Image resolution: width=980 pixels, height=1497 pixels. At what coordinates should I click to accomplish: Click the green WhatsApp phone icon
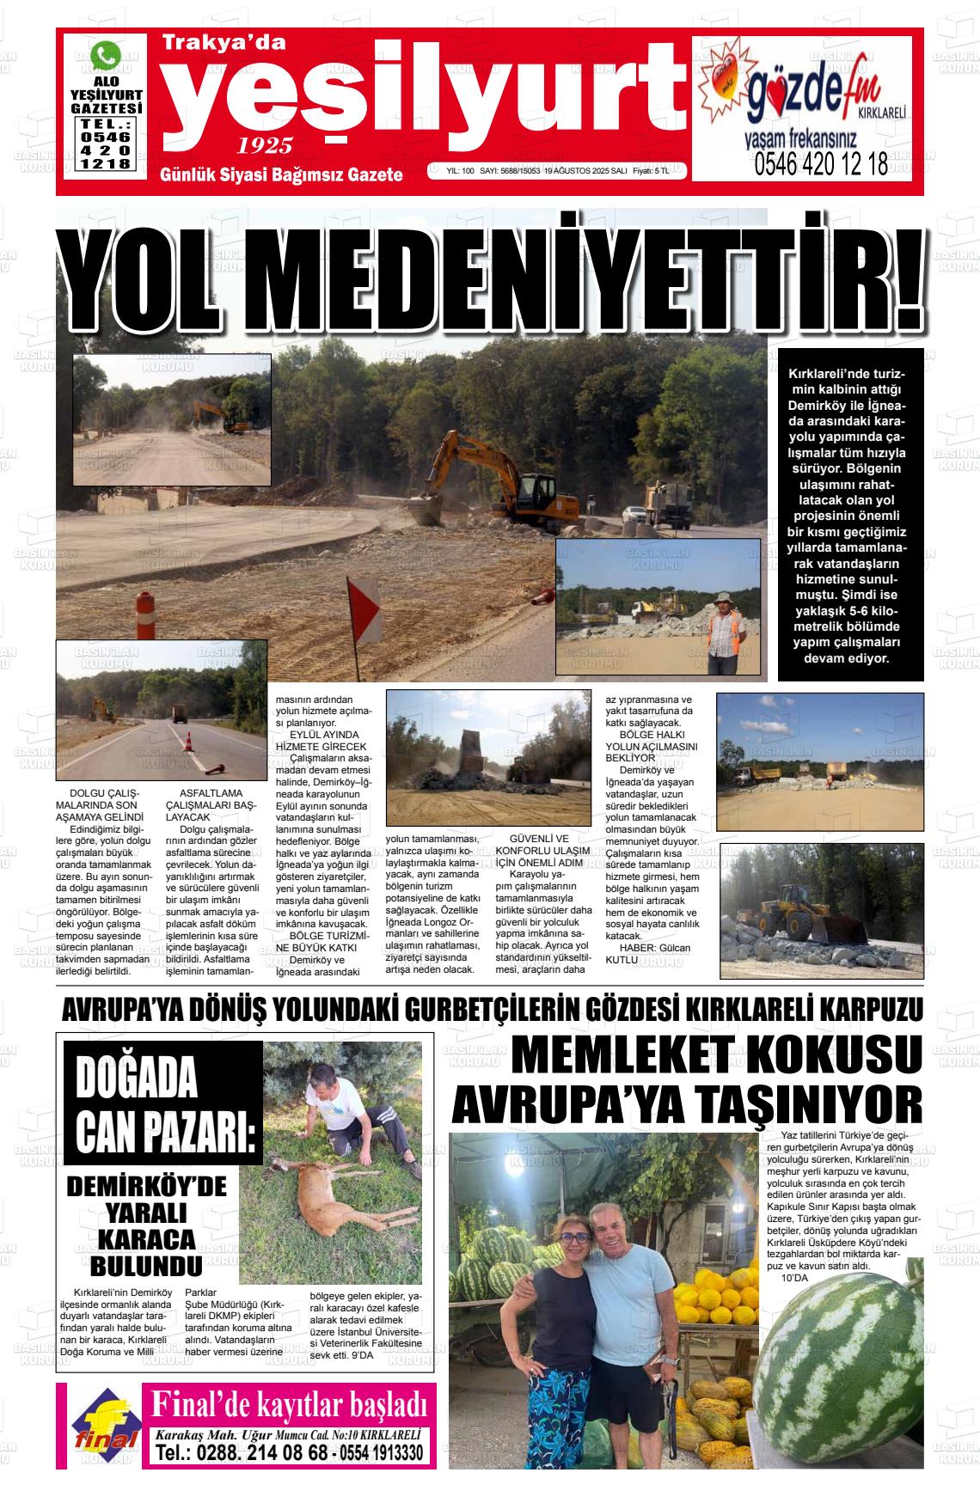(x=106, y=57)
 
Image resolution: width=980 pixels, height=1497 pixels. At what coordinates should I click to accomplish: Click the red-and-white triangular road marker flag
(x=362, y=607)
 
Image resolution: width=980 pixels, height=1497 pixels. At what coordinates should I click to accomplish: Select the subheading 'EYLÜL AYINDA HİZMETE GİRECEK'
(x=321, y=741)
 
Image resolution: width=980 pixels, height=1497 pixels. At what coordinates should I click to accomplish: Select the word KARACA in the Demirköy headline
(x=146, y=1238)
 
